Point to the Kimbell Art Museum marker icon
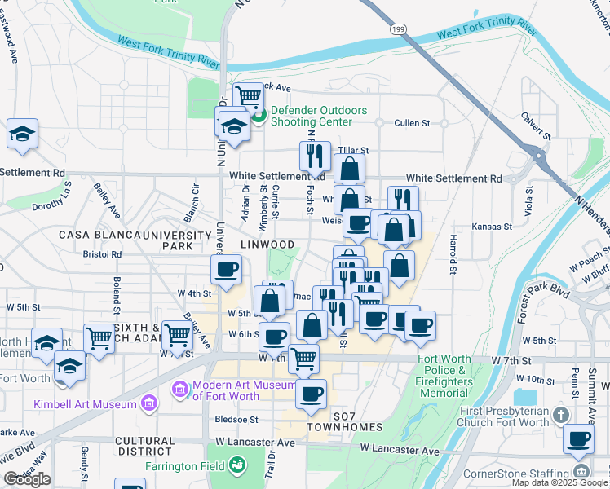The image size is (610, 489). [x=148, y=403]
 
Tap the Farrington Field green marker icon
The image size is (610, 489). [x=238, y=465]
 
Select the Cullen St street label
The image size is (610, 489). [x=412, y=123]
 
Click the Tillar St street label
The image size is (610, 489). [x=354, y=151]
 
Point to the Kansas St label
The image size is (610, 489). [x=493, y=227]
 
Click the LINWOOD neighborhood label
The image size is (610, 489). [x=267, y=244]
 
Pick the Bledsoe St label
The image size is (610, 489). [x=236, y=420]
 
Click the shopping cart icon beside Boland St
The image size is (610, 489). [x=99, y=337]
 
